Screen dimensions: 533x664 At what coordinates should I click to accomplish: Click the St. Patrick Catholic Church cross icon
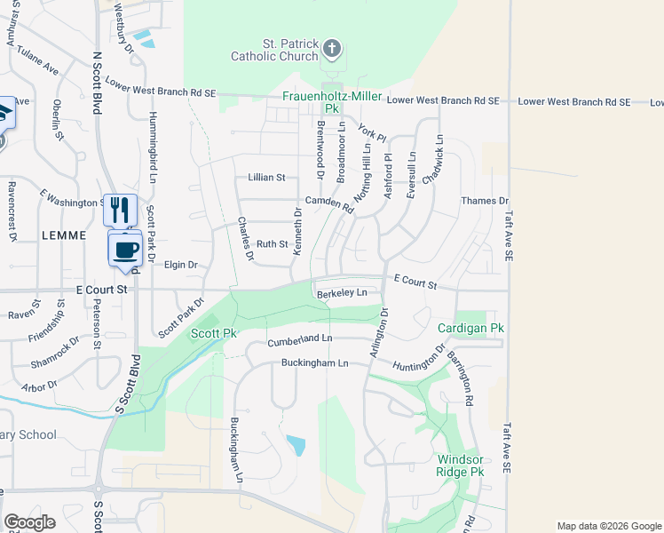pyautogui.click(x=332, y=48)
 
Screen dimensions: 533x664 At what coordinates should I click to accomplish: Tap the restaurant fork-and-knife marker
pyautogui.click(x=121, y=210)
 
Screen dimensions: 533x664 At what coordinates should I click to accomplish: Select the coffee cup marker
pyautogui.click(x=125, y=249)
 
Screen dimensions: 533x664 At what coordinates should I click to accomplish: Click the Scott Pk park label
pyautogui.click(x=214, y=333)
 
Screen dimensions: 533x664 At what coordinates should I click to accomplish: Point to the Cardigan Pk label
pyautogui.click(x=470, y=329)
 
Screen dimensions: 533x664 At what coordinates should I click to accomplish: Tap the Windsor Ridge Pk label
pyautogui.click(x=461, y=465)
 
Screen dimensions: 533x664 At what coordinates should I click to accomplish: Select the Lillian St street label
pyautogui.click(x=265, y=178)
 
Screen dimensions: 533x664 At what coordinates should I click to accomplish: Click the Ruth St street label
pyautogui.click(x=272, y=243)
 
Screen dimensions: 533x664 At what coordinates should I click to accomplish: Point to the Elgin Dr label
pyautogui.click(x=180, y=265)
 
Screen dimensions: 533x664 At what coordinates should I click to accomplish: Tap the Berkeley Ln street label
pyautogui.click(x=342, y=292)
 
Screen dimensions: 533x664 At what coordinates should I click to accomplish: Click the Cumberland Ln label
pyautogui.click(x=300, y=339)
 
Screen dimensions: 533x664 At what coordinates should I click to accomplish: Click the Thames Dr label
pyautogui.click(x=484, y=202)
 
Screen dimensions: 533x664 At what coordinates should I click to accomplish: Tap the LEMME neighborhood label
pyautogui.click(x=64, y=235)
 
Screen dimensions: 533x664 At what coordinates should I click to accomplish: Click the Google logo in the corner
pyautogui.click(x=29, y=522)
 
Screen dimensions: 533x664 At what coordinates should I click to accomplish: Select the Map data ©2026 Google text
pyautogui.click(x=608, y=526)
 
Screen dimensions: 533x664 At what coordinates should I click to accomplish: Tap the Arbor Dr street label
pyautogui.click(x=39, y=387)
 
